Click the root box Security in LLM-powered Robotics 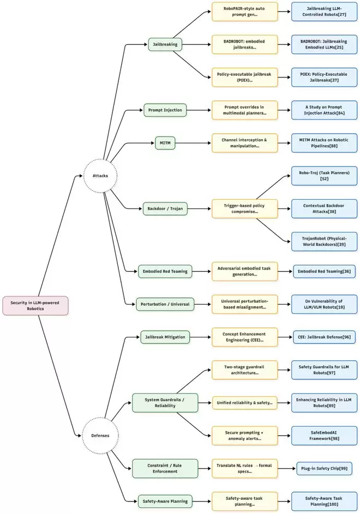(x=35, y=305)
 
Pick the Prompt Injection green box (x=165, y=110)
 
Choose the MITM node (x=165, y=144)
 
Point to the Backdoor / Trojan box (x=165, y=208)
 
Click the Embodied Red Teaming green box (x=164, y=271)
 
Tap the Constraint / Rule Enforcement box (x=162, y=468)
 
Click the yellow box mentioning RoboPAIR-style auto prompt (x=245, y=11)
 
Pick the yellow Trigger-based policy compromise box (x=245, y=208)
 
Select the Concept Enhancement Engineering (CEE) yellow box (x=245, y=337)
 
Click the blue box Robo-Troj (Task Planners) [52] (x=324, y=176)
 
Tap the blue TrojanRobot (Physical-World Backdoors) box (x=324, y=241)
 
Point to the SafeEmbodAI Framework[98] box (x=324, y=435)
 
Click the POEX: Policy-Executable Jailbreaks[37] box (x=324, y=77)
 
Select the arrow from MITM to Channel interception (x=194, y=144)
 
